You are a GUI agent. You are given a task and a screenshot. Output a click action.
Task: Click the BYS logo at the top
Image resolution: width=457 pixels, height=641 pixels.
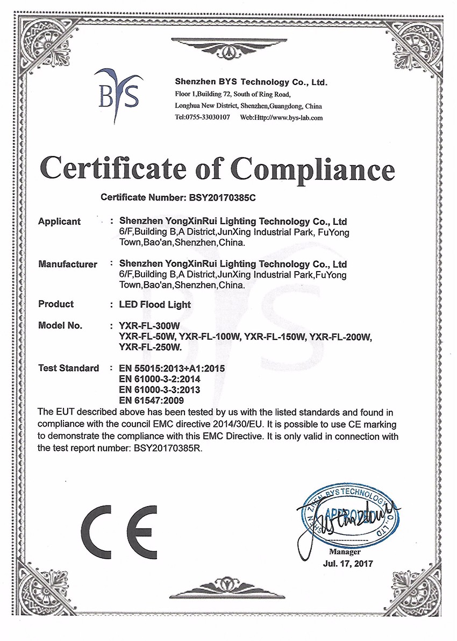(119, 94)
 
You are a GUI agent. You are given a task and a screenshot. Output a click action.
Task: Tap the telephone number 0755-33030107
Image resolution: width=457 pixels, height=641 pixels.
(208, 117)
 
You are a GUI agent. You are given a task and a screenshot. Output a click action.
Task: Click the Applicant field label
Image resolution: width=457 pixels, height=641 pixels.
(60, 222)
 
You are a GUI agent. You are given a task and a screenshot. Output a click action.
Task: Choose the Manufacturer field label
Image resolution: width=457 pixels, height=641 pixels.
(68, 265)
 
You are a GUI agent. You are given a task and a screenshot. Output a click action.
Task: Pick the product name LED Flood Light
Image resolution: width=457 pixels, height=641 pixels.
(155, 304)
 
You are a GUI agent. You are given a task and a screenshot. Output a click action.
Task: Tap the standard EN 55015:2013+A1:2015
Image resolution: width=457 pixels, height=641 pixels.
(172, 369)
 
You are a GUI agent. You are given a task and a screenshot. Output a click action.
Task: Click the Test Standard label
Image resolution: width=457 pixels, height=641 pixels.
(69, 368)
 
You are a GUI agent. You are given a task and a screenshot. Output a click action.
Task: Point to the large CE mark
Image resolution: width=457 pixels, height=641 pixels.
(119, 532)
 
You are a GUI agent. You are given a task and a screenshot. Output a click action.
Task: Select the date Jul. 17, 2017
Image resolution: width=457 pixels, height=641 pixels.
(347, 564)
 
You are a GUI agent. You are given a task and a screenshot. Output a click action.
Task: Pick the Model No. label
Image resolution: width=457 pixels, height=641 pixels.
(60, 326)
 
